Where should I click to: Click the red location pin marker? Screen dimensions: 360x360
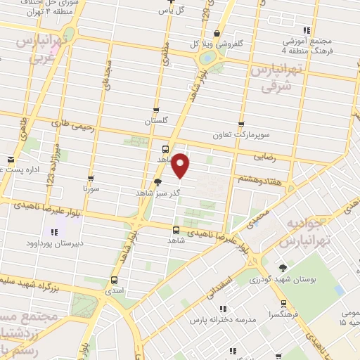click(181, 165)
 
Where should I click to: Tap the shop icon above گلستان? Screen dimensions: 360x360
click(156, 110)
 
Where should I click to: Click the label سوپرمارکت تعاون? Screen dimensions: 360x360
click(242, 132)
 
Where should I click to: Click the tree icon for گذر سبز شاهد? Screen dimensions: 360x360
click(148, 181)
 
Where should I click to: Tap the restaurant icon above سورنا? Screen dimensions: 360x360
click(92, 179)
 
